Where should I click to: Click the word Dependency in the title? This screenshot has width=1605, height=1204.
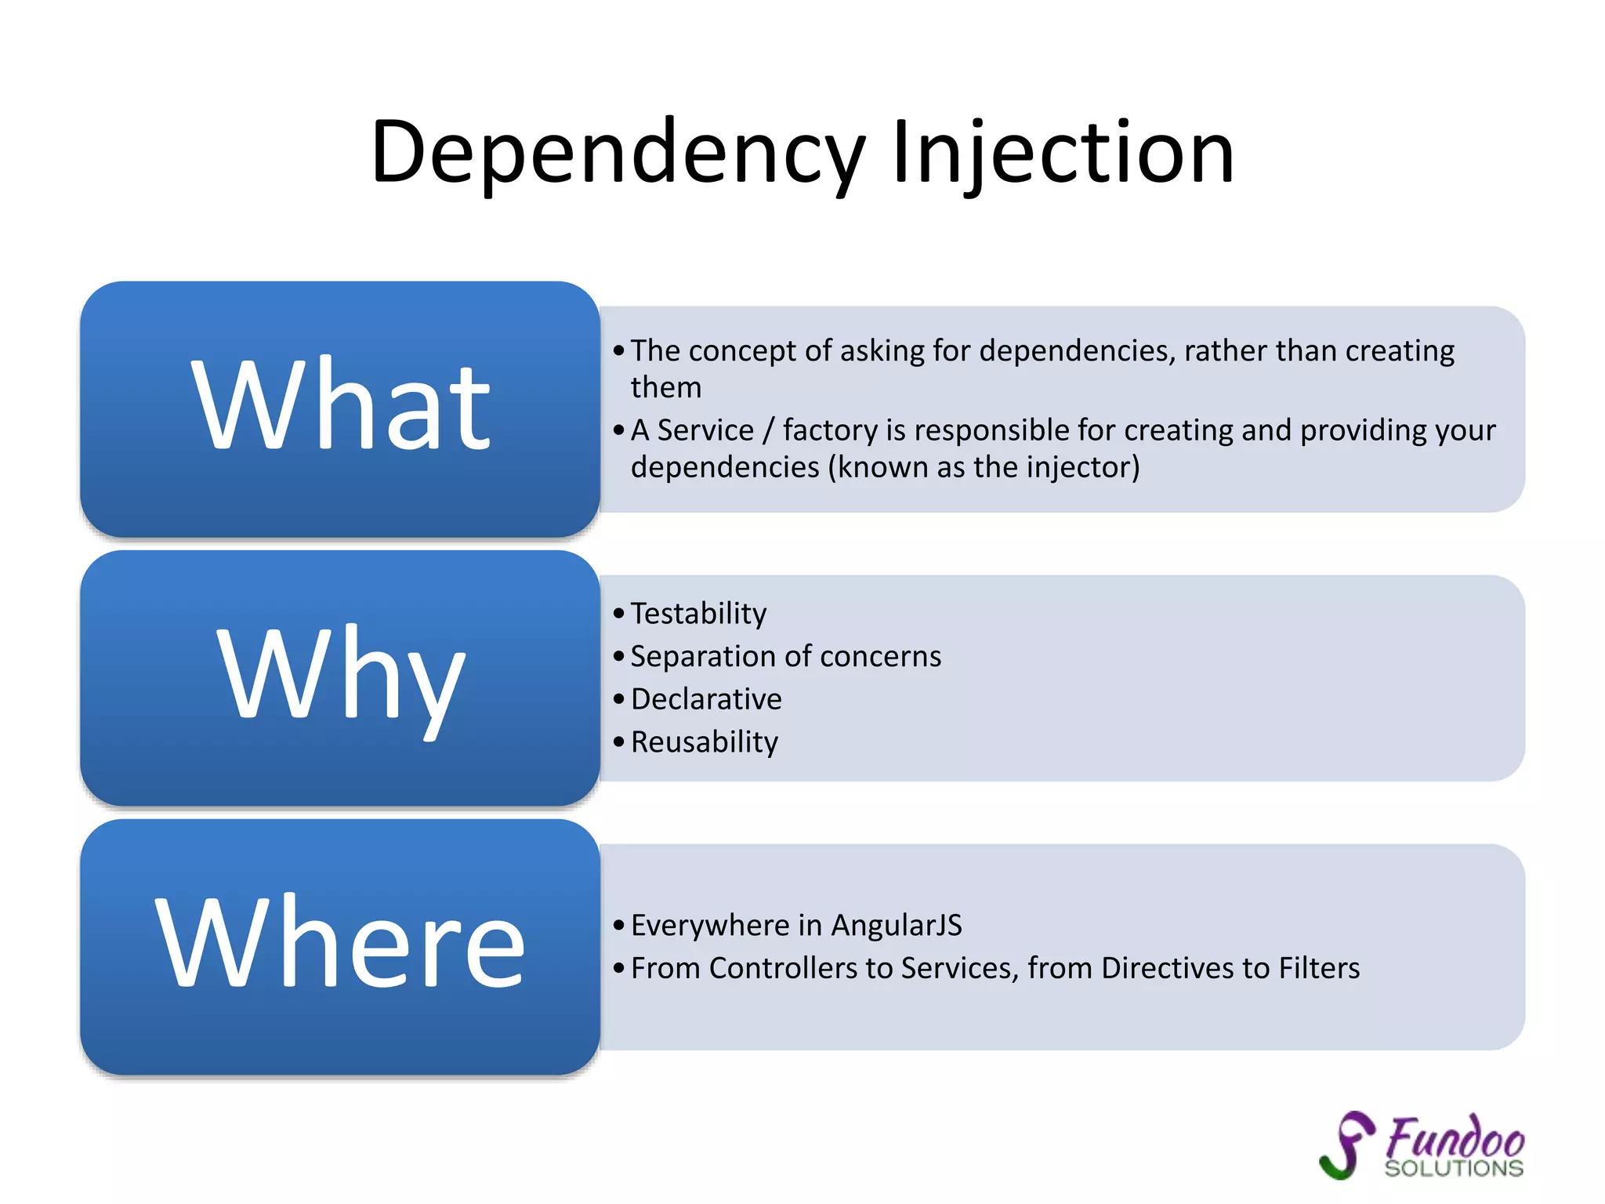[618, 153]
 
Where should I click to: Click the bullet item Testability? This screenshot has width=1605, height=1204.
[698, 614]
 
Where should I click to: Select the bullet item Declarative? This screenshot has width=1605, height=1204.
[706, 699]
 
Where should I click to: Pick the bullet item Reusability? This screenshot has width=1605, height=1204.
[705, 742]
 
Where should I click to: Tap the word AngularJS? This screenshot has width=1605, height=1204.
[897, 926]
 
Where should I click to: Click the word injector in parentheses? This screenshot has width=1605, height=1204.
[1079, 468]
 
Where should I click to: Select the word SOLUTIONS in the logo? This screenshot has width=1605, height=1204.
[1454, 1169]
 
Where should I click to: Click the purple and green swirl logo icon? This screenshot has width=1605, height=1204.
[1347, 1144]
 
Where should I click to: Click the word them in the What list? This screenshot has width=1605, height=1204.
[666, 388]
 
